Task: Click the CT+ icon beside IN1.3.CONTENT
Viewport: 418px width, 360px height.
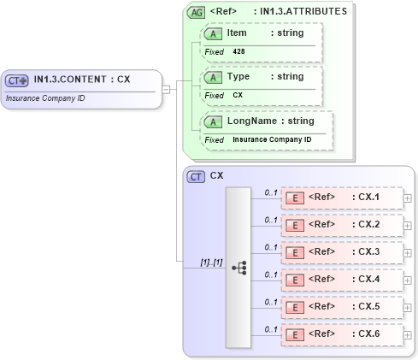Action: (17, 80)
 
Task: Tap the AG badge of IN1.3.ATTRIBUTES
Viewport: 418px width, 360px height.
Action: (196, 13)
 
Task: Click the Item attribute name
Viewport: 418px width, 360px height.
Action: (238, 32)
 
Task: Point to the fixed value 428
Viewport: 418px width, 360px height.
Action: (238, 51)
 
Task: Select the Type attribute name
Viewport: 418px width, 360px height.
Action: (238, 76)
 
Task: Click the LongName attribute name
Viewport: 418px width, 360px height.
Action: (255, 121)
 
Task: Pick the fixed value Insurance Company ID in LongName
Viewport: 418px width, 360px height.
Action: (272, 139)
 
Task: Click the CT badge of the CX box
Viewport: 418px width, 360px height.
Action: (196, 176)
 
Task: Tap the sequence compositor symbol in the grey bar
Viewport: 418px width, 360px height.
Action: (238, 267)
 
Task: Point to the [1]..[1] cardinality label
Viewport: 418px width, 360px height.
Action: (211, 262)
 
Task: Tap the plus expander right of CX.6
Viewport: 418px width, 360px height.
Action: (407, 334)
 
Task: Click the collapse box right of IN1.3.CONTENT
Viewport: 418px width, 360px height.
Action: (167, 88)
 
